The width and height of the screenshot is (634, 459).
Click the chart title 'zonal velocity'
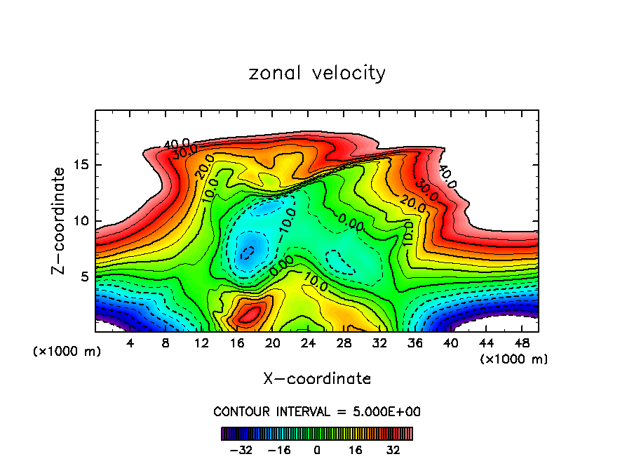point(317,73)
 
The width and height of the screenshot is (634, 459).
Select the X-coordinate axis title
point(317,379)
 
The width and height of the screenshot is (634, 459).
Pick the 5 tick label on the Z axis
point(82,277)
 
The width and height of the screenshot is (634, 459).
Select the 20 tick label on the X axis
point(273,344)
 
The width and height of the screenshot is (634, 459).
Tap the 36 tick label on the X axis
point(414,344)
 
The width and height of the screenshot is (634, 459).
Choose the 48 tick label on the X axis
point(521,344)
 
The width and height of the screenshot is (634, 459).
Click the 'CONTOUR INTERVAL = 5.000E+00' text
point(317,411)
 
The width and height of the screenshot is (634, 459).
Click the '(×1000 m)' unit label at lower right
point(514,359)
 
